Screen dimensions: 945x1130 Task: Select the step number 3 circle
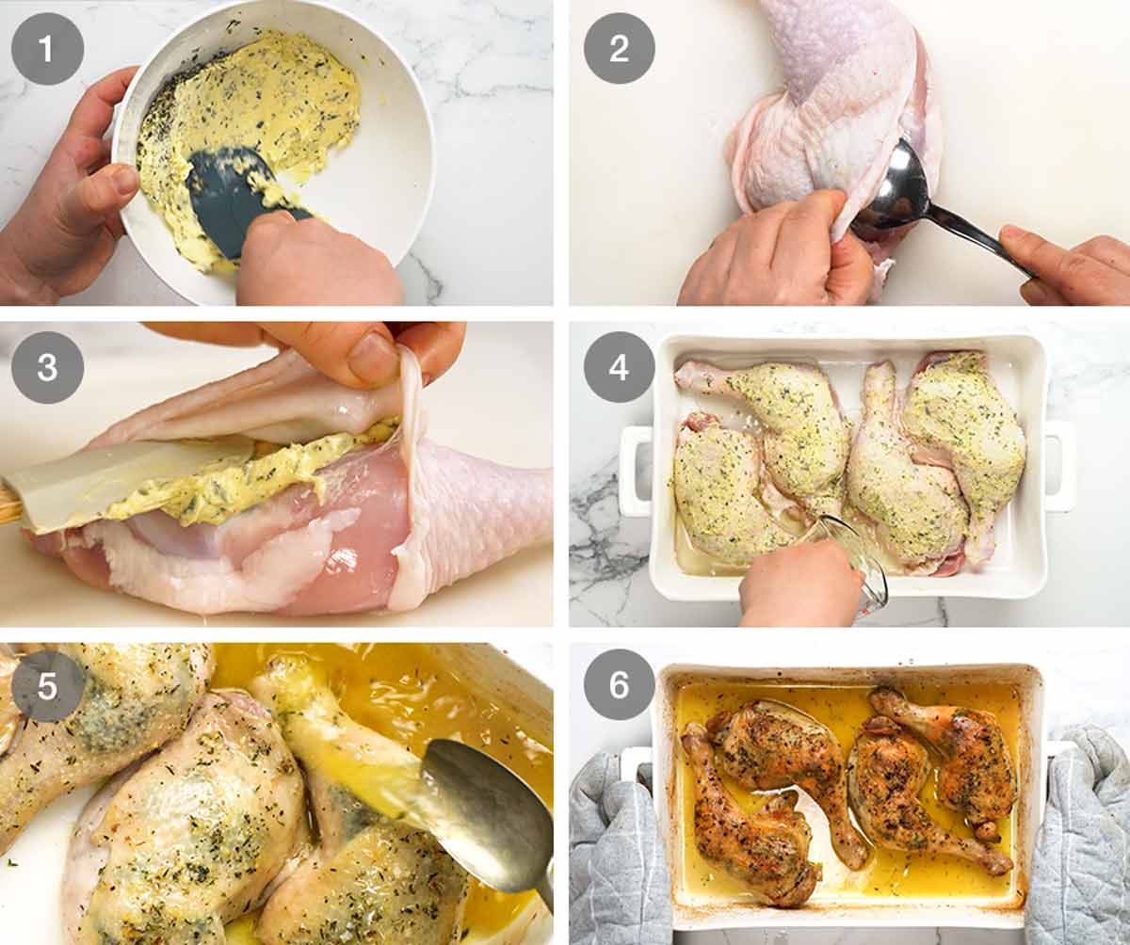click(x=48, y=367)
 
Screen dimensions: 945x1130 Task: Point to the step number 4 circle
click(x=619, y=367)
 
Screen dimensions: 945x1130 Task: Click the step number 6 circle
click(x=619, y=684)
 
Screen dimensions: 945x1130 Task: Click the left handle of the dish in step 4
click(x=635, y=470)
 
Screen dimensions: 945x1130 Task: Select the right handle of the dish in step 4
click(x=1060, y=466)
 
